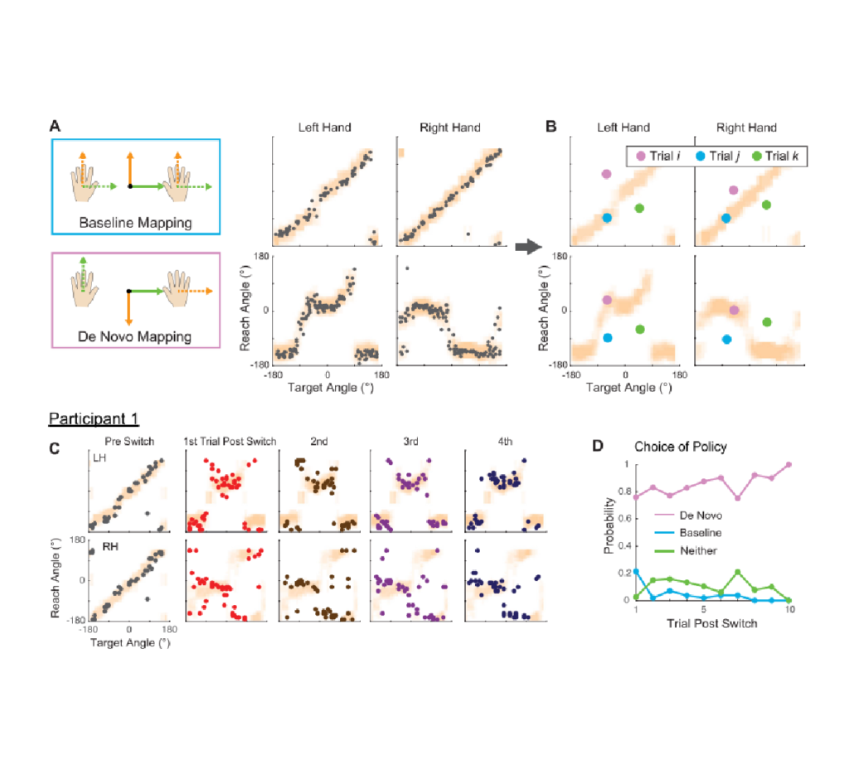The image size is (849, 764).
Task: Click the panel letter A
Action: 55,126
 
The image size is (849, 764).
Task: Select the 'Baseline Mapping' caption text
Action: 136,223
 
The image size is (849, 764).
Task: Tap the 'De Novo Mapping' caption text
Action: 136,336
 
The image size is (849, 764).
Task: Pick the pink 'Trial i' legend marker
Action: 640,156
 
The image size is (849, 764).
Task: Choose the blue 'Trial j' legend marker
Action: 698,156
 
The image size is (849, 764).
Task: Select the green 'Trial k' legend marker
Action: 755,156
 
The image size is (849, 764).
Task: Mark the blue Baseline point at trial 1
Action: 635,571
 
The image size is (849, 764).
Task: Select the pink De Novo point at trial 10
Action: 789,464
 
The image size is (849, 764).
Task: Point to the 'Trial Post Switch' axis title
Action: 712,623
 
